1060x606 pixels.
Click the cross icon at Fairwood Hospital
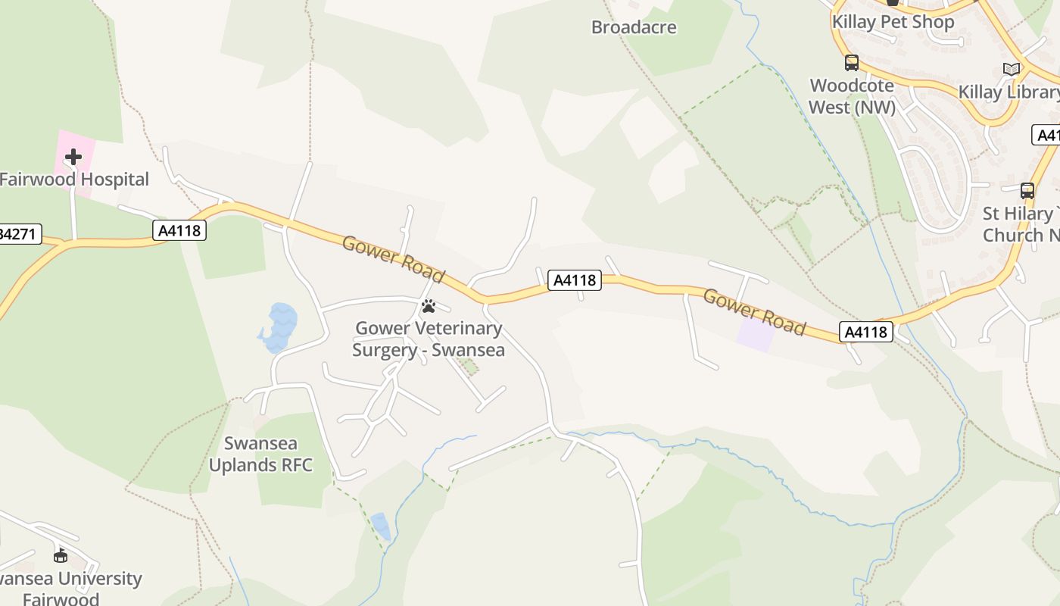pos(73,157)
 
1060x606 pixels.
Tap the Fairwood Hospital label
pos(74,180)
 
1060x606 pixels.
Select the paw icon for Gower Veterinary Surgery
pos(429,306)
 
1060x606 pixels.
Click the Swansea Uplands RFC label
pos(260,454)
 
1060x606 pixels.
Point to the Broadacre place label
pos(634,27)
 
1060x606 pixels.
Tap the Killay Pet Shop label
pos(893,22)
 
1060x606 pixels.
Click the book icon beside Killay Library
pos(1012,69)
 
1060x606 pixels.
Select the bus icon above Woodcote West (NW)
pos(852,63)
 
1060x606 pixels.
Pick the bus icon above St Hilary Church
pos(1027,190)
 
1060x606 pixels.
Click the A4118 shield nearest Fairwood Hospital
pos(179,230)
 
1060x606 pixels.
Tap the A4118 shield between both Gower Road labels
pos(575,280)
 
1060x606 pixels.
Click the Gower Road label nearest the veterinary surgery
pos(393,259)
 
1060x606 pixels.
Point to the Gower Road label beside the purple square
pos(754,311)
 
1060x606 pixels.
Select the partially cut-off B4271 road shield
pos(18,233)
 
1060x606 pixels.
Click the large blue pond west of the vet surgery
pos(279,326)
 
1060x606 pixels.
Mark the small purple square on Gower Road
pos(756,335)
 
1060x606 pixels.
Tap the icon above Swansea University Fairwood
pos(60,557)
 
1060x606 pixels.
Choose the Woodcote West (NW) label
pos(852,96)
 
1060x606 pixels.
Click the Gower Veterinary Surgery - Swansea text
pos(429,339)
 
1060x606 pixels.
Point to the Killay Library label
pos(1009,92)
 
